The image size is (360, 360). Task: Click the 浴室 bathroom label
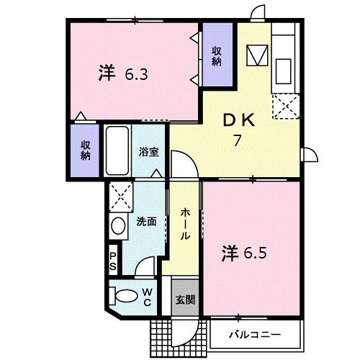149,153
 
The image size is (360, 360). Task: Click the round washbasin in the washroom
118,225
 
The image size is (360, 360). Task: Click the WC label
146,296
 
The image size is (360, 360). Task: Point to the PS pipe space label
113,260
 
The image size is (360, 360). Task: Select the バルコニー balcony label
254,335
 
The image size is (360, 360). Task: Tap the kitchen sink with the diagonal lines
257,55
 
